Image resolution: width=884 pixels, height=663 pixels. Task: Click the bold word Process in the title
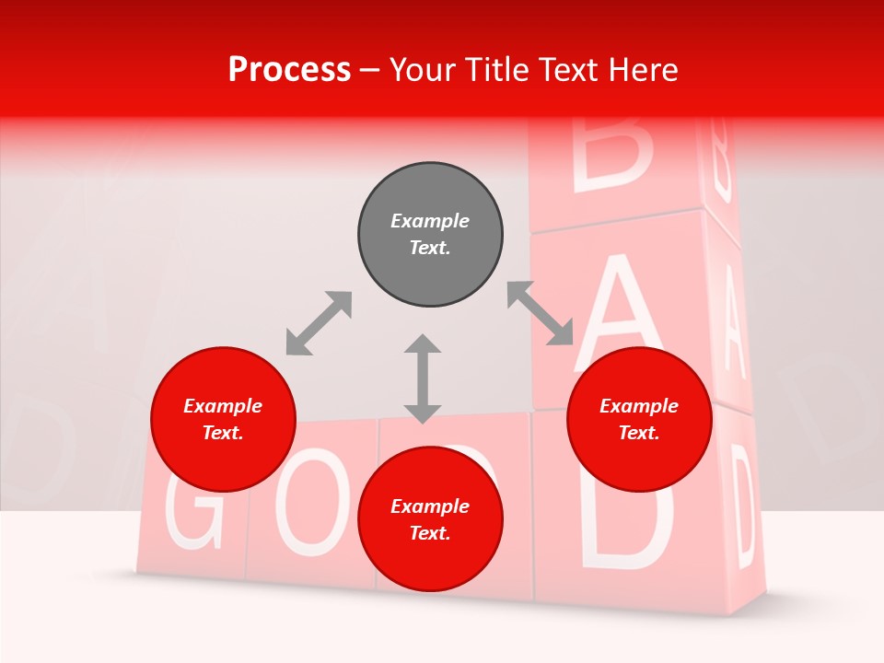(x=289, y=70)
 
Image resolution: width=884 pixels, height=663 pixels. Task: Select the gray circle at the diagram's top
(x=430, y=235)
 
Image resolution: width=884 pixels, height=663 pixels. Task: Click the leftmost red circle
(x=223, y=419)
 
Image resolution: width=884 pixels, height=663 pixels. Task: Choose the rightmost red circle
(x=639, y=419)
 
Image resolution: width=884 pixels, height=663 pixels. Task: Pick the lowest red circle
(x=430, y=519)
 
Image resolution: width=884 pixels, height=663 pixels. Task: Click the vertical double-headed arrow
(x=423, y=378)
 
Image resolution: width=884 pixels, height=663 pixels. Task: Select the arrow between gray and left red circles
(x=319, y=323)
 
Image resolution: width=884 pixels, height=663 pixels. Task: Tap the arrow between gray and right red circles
(x=541, y=314)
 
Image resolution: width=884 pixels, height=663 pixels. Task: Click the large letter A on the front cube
(x=626, y=308)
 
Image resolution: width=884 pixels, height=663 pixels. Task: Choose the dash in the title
(x=369, y=71)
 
